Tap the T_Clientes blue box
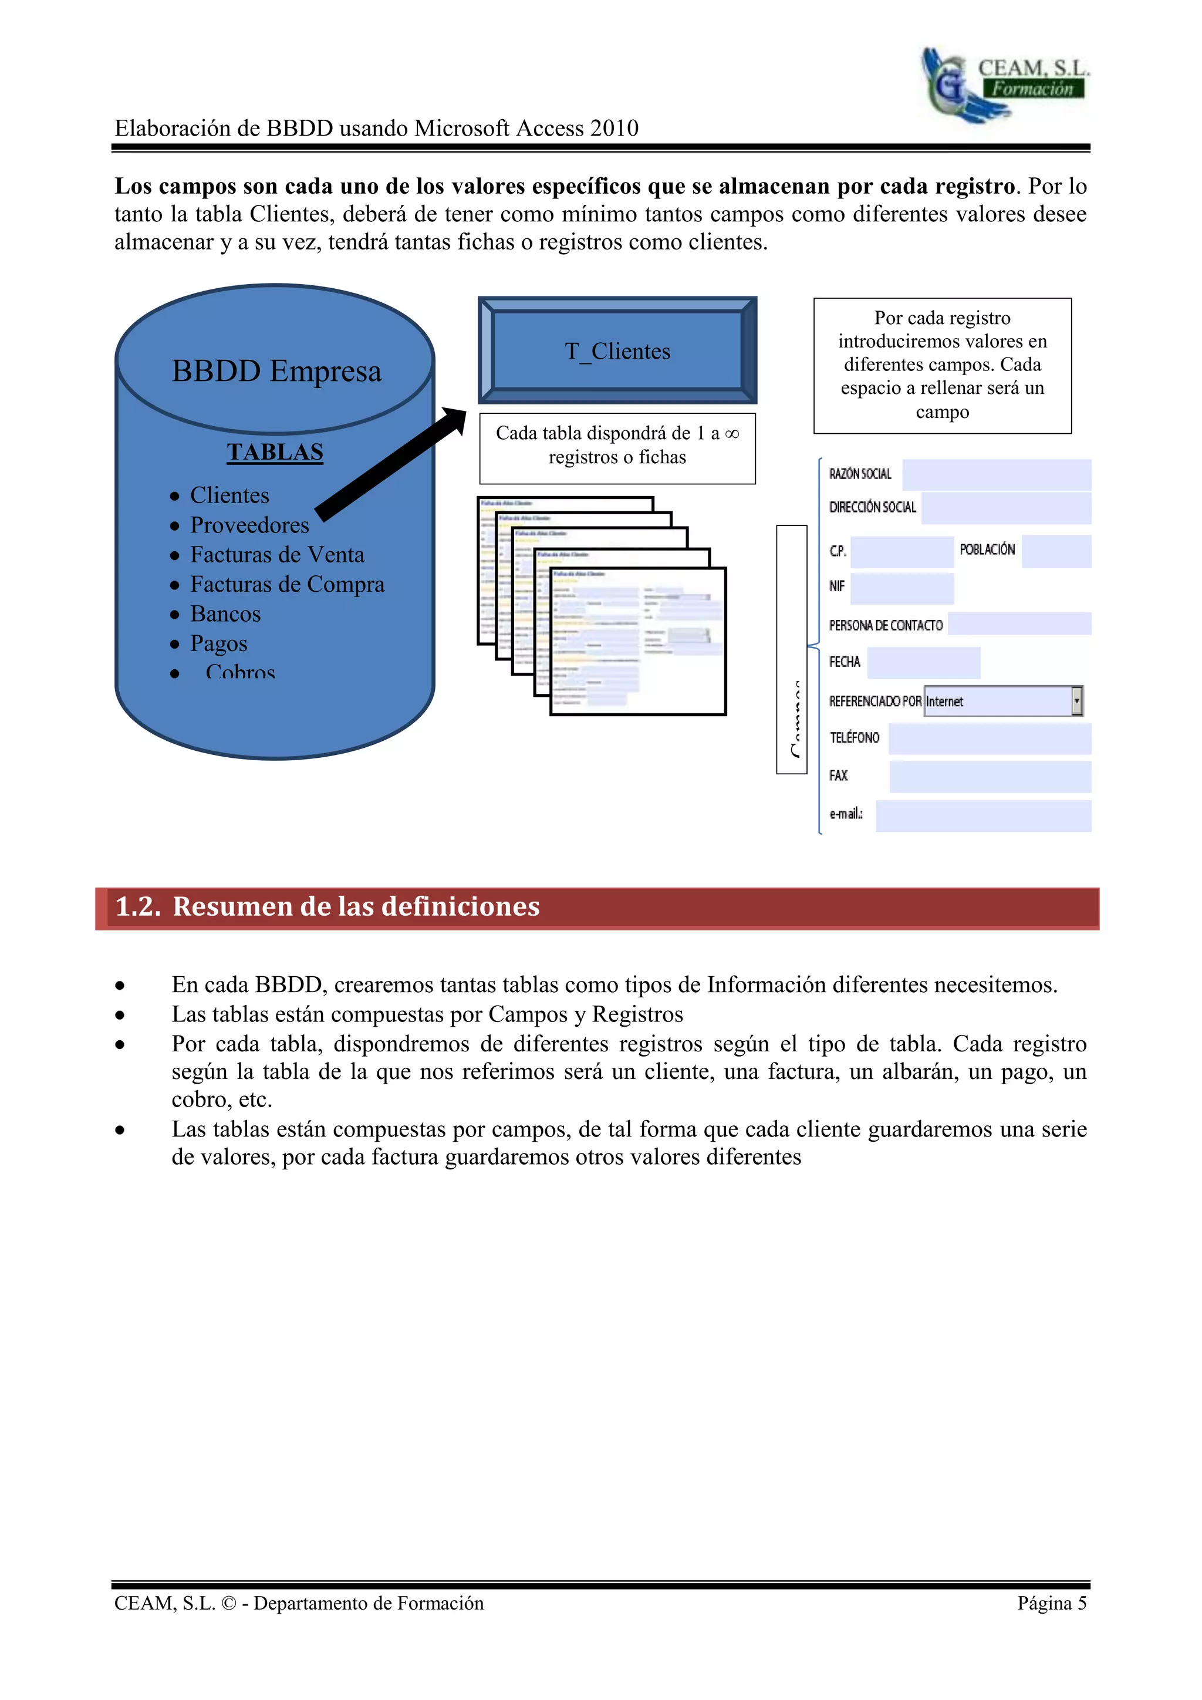[x=617, y=351]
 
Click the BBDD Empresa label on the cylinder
[x=276, y=371]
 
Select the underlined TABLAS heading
[x=275, y=451]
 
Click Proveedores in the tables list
[x=249, y=525]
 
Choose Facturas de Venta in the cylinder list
[x=277, y=555]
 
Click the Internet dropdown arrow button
[x=1077, y=700]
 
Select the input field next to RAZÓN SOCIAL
[x=996, y=475]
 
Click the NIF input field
[x=902, y=587]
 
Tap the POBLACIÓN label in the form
[x=987, y=549]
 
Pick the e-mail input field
[x=983, y=815]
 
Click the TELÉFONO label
[x=854, y=737]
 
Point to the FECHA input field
[x=923, y=663]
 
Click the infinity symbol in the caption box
[x=731, y=434]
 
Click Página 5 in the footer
[x=1051, y=1603]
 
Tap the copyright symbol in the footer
[x=229, y=1604]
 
